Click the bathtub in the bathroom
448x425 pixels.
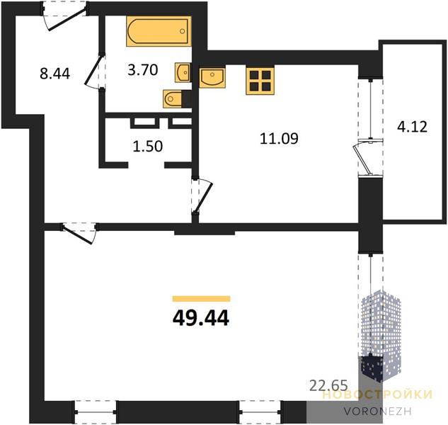[x=159, y=31]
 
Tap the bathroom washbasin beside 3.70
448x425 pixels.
[x=183, y=73]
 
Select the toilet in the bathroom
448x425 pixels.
[x=174, y=99]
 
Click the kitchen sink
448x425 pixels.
[x=212, y=77]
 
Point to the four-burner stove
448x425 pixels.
[x=260, y=81]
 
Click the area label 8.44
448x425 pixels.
[x=55, y=74]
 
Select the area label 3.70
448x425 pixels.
[x=142, y=70]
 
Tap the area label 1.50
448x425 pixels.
[x=148, y=146]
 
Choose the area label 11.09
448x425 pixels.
[x=279, y=138]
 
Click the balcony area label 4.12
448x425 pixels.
[x=413, y=127]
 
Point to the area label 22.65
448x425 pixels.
[x=328, y=385]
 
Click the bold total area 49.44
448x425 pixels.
[x=201, y=318]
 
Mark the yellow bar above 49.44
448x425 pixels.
[x=201, y=299]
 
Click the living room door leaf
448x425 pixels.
[x=78, y=234]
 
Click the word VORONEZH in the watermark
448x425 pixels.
[x=377, y=412]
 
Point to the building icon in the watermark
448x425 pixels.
[x=381, y=336]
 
